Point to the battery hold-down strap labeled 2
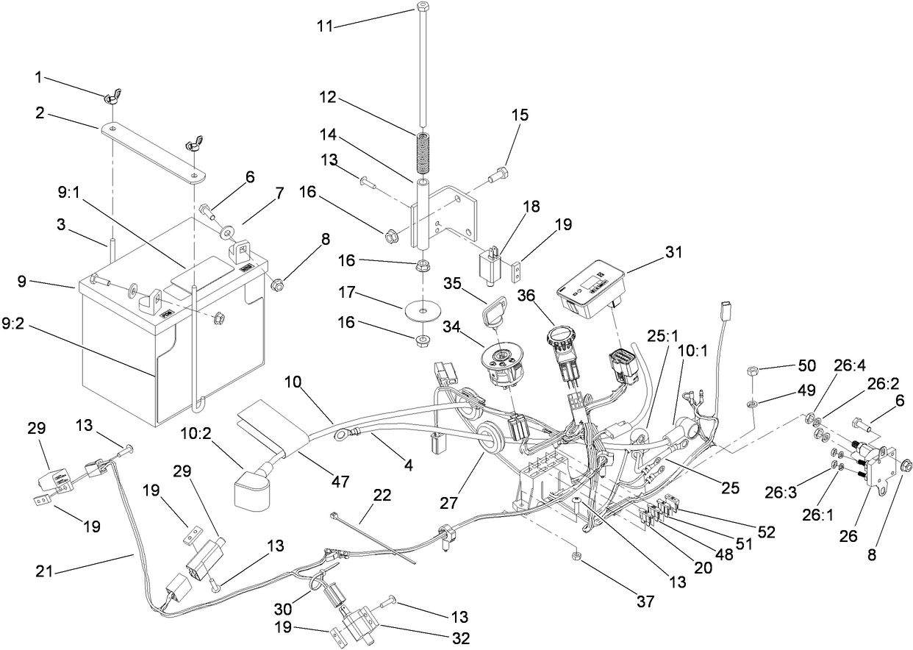pyautogui.click(x=153, y=151)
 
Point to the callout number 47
pyautogui.click(x=339, y=481)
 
